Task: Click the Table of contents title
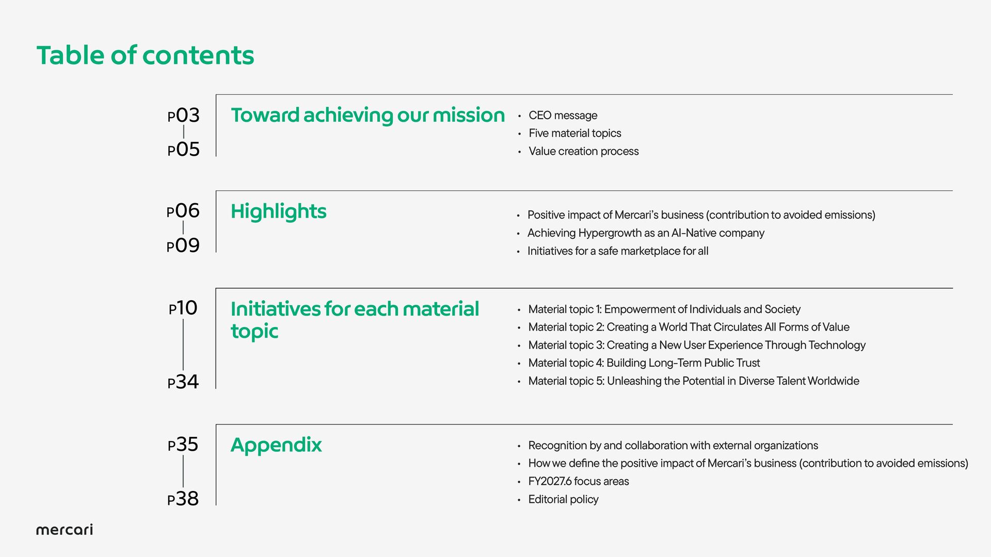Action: click(145, 55)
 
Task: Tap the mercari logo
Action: click(65, 530)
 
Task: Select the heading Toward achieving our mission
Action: click(367, 116)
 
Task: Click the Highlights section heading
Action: click(278, 212)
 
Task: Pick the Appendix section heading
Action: click(276, 445)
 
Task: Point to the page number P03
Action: click(183, 116)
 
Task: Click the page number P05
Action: click(183, 150)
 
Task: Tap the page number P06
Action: click(183, 211)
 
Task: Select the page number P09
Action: click(183, 245)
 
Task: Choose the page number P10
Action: click(183, 308)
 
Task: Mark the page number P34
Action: click(183, 382)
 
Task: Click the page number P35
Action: click(183, 445)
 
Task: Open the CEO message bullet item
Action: click(563, 116)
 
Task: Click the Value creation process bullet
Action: click(583, 152)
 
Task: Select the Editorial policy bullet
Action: click(563, 499)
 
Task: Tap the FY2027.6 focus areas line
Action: click(578, 481)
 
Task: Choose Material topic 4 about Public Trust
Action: click(644, 363)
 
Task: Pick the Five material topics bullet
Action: click(574, 134)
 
